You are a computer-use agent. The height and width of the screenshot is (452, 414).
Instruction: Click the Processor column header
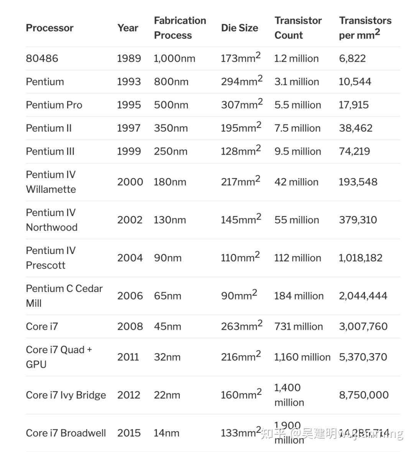(x=49, y=28)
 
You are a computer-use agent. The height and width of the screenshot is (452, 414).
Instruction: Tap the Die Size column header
(x=239, y=28)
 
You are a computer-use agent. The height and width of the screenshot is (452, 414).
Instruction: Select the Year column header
(x=128, y=28)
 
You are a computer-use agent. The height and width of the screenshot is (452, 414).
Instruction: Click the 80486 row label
(x=42, y=59)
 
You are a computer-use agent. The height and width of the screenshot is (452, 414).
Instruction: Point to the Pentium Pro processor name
(x=54, y=105)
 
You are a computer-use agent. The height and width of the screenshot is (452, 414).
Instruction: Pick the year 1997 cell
(x=129, y=128)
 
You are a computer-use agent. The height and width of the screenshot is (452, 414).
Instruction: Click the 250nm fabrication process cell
(x=171, y=151)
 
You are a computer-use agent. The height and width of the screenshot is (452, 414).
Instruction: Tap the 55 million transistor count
(x=297, y=220)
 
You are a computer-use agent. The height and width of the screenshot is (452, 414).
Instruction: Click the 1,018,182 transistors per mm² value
(x=360, y=258)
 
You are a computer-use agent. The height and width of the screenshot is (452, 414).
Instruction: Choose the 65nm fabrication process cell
(x=168, y=296)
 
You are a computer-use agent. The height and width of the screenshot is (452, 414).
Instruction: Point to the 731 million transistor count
(x=299, y=326)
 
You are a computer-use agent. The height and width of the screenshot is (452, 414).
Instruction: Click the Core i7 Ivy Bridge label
(x=66, y=395)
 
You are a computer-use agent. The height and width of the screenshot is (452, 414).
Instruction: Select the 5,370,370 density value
(x=363, y=357)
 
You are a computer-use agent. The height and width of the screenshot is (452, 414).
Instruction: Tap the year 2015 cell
(x=129, y=433)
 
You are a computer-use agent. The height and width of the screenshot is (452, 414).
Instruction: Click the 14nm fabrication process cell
(x=166, y=433)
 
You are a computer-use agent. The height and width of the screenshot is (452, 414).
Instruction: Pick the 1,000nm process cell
(x=174, y=59)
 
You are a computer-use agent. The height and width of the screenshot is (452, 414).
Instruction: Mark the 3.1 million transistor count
(x=297, y=82)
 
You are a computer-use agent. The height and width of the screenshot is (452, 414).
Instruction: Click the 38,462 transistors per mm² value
(x=355, y=128)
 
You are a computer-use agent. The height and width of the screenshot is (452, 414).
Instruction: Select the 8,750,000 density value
(x=364, y=395)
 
